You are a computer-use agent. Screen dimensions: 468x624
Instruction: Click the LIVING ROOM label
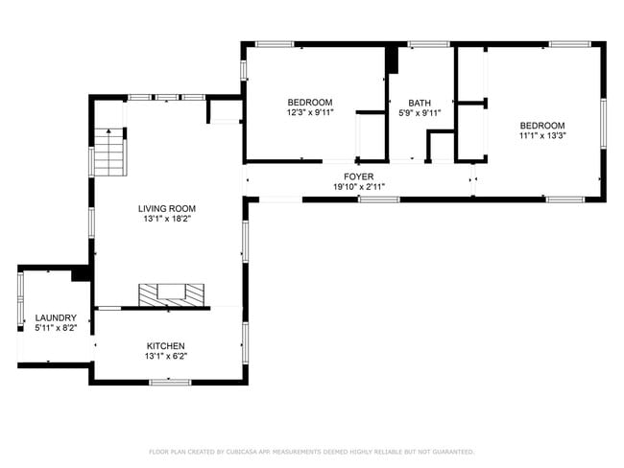166,208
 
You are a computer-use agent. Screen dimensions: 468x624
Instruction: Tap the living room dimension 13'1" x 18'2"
166,219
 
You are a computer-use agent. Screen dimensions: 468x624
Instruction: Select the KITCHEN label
165,346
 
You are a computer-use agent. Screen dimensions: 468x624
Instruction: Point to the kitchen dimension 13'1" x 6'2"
165,357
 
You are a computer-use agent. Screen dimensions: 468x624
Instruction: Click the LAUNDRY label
55,317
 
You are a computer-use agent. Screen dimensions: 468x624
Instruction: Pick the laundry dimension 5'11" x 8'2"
55,328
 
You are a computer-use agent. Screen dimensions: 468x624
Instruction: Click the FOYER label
359,177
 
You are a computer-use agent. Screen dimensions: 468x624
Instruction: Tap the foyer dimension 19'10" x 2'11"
359,188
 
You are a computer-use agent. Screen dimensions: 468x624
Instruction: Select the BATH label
420,103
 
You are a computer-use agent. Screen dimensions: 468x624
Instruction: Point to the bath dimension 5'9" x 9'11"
420,113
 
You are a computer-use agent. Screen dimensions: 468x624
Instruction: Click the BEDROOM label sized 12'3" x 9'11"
309,103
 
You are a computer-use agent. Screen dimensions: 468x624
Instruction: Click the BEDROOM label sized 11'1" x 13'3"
542,126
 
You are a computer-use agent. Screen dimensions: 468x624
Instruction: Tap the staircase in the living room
110,153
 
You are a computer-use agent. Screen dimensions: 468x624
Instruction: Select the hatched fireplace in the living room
172,294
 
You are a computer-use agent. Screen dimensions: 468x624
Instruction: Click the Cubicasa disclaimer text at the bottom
311,451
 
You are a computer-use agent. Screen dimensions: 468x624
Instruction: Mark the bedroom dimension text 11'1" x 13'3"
542,136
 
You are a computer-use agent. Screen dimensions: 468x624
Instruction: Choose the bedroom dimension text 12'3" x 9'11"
309,113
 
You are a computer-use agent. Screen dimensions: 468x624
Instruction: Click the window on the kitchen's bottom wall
169,383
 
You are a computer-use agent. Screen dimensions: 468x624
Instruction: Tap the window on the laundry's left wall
19,299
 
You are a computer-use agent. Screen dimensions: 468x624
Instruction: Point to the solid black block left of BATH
391,59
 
